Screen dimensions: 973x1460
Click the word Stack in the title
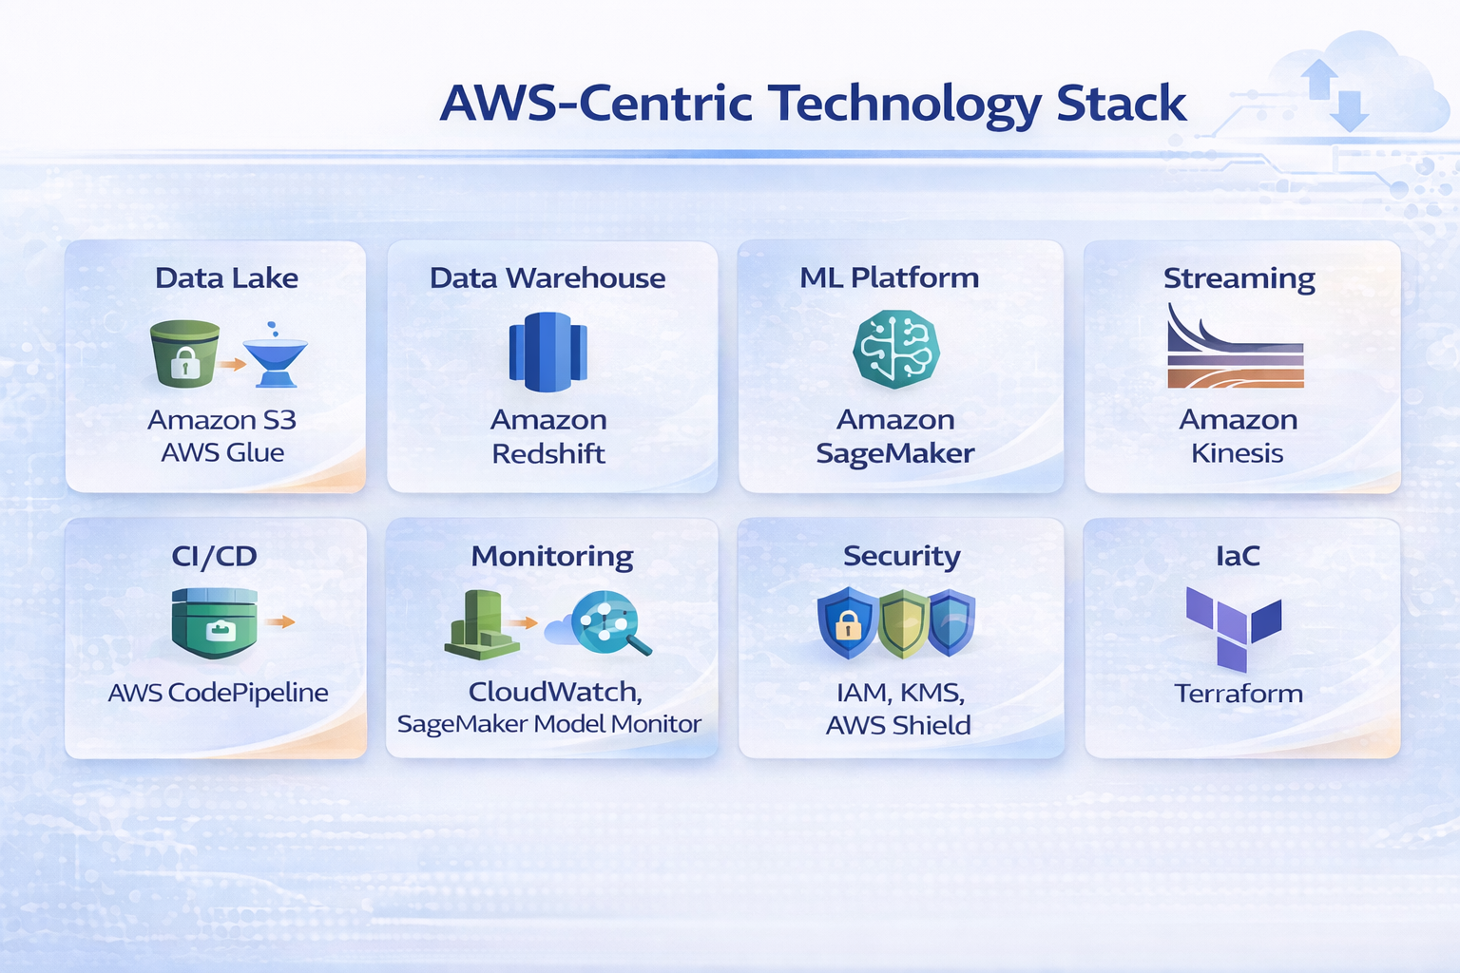point(1121,104)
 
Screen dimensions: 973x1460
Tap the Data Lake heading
point(226,277)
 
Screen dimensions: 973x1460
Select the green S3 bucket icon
point(184,353)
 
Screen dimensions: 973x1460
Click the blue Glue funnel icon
point(276,357)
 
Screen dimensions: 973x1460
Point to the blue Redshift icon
point(547,352)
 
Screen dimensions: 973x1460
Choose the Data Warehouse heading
point(547,277)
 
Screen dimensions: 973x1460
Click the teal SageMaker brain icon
point(895,349)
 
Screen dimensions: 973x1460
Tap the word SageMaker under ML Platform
point(894,453)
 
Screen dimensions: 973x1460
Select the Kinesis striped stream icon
point(1235,350)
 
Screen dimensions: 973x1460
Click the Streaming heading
point(1239,278)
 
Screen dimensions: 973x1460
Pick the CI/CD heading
point(214,556)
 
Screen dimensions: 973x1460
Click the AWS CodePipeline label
point(218,693)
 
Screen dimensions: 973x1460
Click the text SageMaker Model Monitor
point(548,724)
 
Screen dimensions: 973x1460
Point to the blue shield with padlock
point(847,622)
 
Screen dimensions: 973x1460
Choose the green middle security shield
point(903,623)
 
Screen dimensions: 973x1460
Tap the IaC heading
point(1238,556)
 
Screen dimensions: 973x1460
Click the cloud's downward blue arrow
point(1349,110)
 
